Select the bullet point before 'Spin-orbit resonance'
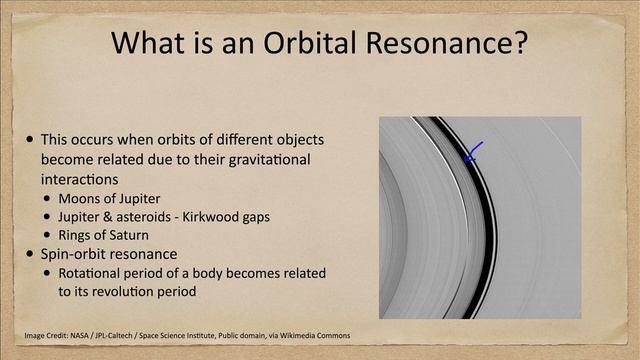(32, 254)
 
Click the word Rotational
(91, 273)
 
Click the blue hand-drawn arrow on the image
(473, 151)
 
